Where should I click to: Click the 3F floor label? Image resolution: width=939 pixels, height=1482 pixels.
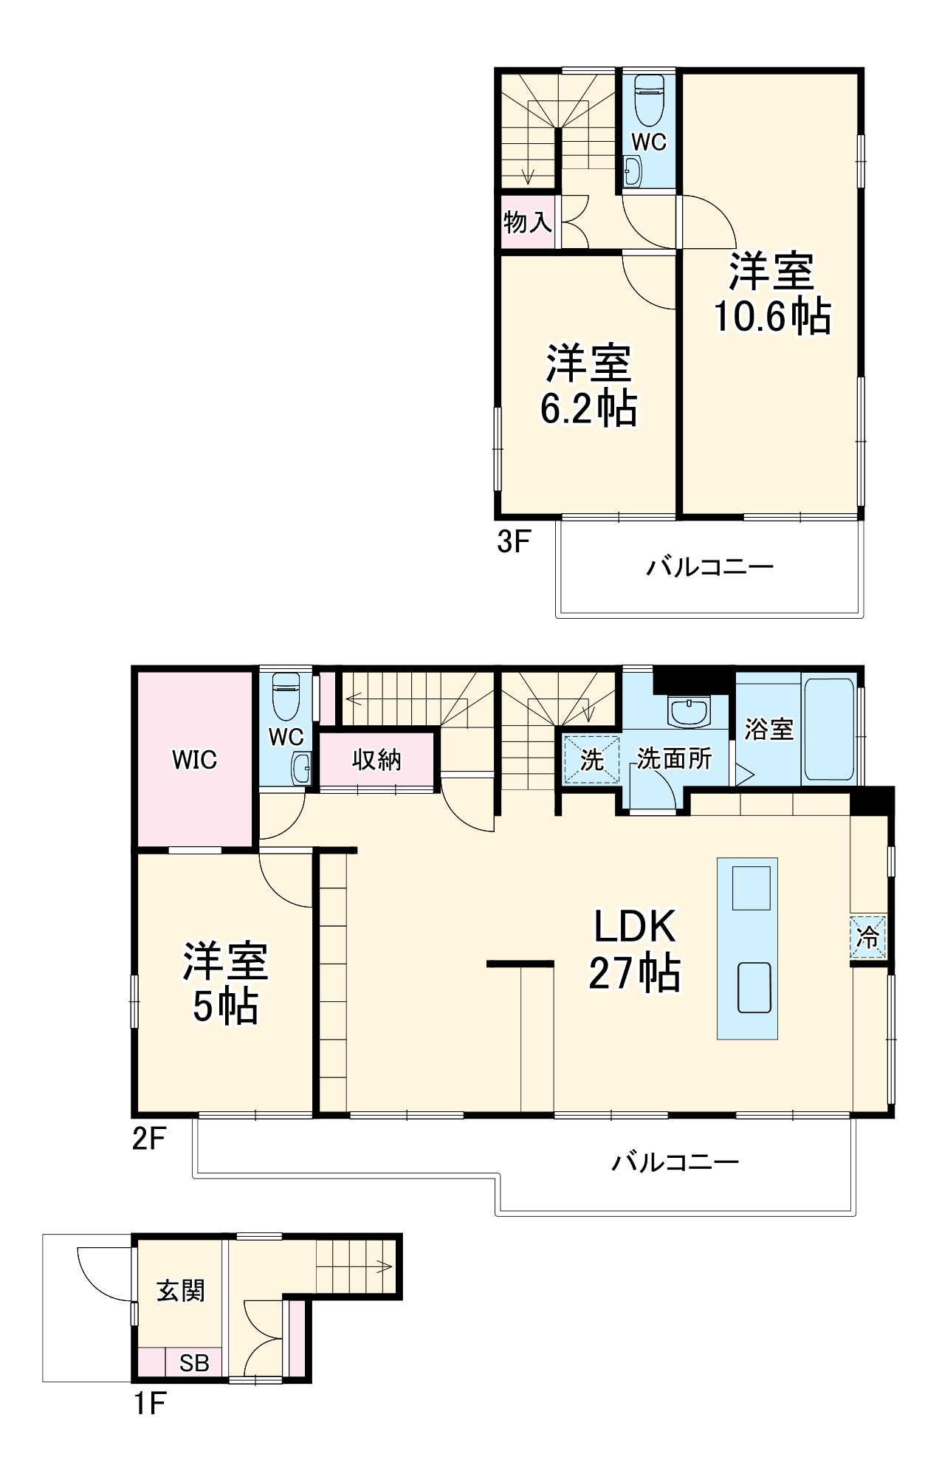click(x=514, y=541)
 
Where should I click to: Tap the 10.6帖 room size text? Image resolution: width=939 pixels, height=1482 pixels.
click(x=771, y=317)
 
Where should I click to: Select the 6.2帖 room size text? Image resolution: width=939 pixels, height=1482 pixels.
click(x=588, y=408)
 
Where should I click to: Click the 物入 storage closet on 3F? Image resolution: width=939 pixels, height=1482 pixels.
click(x=527, y=221)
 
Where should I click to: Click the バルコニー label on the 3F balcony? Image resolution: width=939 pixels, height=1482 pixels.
click(x=709, y=567)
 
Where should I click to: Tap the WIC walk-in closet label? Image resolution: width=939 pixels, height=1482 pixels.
click(x=194, y=759)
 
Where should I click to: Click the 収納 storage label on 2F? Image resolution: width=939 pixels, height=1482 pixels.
click(x=376, y=759)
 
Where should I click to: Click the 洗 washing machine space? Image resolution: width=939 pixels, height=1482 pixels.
click(x=591, y=759)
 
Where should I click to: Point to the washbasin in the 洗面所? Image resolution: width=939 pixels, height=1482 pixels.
click(x=689, y=711)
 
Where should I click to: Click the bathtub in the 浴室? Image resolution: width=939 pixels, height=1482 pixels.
click(x=829, y=730)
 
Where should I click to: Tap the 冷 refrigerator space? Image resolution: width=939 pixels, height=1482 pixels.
click(x=867, y=937)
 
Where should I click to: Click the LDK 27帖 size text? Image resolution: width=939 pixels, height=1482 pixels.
click(x=634, y=973)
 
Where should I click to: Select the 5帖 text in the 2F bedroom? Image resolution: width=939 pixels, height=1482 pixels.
click(x=225, y=1006)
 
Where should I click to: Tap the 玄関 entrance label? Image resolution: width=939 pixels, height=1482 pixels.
click(x=180, y=1290)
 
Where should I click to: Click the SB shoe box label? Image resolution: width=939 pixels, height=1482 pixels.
click(x=194, y=1362)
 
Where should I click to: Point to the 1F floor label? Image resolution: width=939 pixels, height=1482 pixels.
click(x=149, y=1403)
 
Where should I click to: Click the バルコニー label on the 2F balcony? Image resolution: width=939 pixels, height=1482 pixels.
click(x=675, y=1163)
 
